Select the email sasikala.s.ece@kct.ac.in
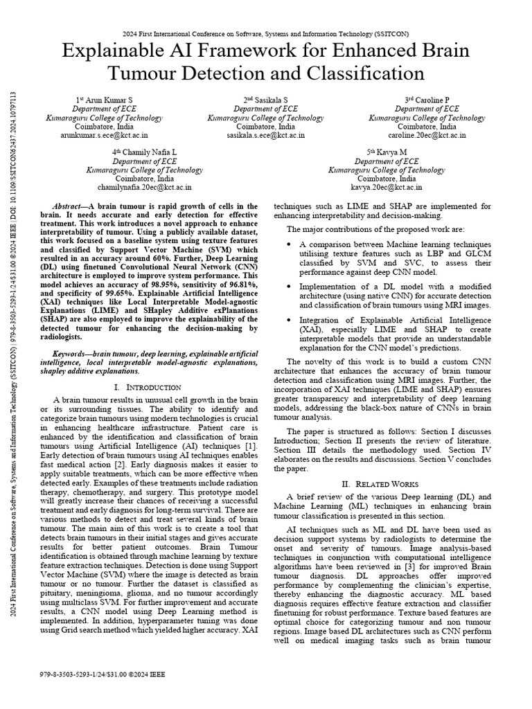[266, 136]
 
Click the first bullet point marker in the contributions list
[288, 245]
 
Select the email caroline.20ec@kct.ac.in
[427, 136]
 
